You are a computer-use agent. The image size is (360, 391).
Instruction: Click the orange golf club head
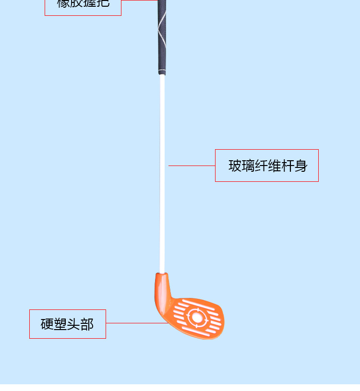(192, 312)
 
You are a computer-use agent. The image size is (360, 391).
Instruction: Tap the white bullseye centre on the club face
(197, 317)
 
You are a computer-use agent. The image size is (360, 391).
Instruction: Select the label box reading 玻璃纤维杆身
(266, 166)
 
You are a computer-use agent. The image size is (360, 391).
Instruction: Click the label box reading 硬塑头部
(67, 324)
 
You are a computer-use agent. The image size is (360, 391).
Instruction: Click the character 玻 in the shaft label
(235, 166)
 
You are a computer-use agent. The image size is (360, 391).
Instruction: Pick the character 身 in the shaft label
(301, 166)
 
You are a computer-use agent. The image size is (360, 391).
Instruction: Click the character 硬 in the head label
(47, 324)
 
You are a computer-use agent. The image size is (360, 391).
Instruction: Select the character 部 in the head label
(87, 324)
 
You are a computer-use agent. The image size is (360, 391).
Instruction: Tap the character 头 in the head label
(73, 324)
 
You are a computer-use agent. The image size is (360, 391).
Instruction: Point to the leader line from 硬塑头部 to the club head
(137, 323)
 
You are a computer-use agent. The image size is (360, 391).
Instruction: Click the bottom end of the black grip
(162, 72)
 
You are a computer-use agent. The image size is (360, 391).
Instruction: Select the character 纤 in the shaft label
(262, 166)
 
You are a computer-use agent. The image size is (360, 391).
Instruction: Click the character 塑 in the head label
(60, 324)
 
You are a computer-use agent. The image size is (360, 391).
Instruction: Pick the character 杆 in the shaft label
(288, 166)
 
